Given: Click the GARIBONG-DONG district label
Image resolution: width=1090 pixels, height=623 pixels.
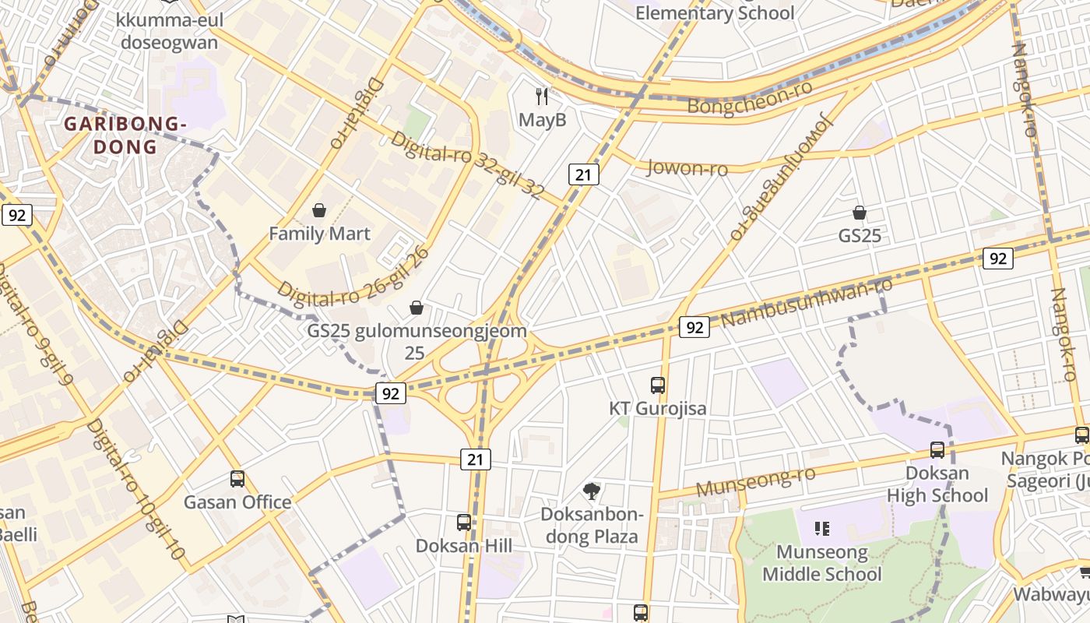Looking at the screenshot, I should click(125, 135).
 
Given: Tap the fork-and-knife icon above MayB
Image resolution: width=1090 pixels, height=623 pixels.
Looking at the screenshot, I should click(543, 97).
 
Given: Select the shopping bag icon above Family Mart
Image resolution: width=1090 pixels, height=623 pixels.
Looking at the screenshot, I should click(318, 210).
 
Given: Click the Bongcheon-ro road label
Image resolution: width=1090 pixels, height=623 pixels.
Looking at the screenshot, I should click(751, 97).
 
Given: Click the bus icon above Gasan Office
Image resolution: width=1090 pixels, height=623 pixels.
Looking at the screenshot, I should click(237, 479).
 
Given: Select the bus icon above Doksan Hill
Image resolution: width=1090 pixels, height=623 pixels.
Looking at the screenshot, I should click(464, 523).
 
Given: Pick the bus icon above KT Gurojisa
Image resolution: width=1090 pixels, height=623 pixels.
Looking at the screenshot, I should click(658, 385).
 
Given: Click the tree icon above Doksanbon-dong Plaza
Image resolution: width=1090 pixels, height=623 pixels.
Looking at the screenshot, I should click(592, 491).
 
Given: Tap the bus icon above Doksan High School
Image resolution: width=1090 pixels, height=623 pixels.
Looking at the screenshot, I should click(937, 449).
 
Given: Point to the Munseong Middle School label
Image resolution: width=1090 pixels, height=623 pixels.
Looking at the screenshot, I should click(822, 563).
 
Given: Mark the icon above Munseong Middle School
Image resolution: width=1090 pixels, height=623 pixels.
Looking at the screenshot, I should click(821, 530).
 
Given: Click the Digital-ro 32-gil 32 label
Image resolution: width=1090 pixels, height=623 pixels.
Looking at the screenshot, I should click(466, 165).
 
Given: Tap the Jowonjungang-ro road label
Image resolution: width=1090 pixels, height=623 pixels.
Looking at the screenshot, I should click(781, 178).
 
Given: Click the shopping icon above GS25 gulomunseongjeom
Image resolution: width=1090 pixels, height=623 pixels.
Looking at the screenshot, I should click(417, 308).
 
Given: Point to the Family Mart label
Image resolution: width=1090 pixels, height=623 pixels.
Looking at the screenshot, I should click(319, 233).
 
